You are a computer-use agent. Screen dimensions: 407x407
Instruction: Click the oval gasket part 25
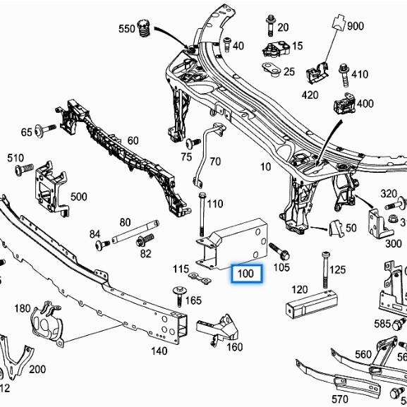(270, 69)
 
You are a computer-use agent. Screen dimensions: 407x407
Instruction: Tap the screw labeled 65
(46, 130)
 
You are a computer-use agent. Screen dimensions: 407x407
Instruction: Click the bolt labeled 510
(24, 169)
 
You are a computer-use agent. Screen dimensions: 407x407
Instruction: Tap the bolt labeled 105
(274, 250)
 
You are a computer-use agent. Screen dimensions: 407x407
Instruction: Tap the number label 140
(159, 350)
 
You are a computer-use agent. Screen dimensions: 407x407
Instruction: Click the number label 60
(133, 140)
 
